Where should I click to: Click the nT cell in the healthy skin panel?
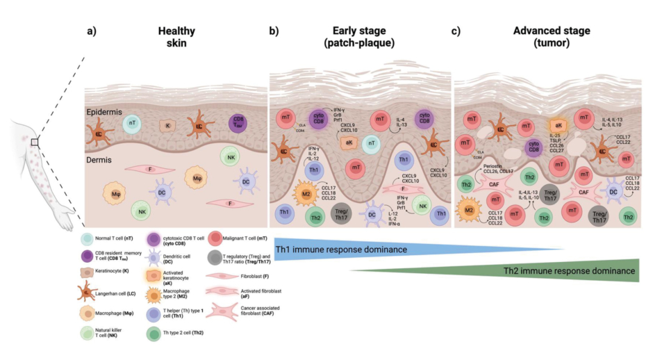(x=133, y=123)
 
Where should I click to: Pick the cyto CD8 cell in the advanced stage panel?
(x=534, y=147)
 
